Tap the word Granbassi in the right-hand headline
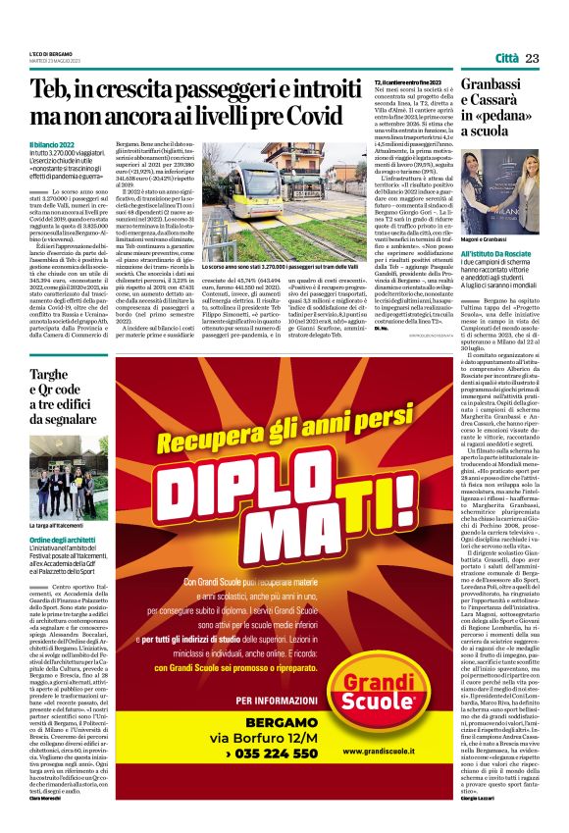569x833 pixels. tap(501, 85)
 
